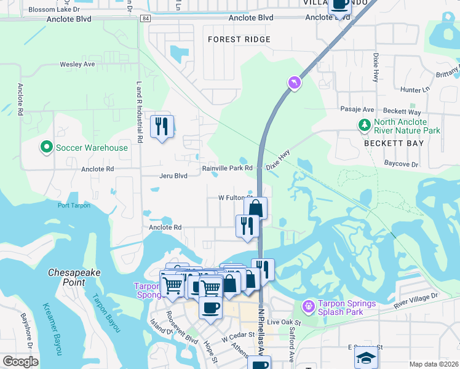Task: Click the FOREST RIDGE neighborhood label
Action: (x=239, y=39)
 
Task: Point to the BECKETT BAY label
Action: (x=394, y=143)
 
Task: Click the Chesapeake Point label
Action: (x=75, y=277)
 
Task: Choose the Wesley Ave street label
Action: (x=77, y=64)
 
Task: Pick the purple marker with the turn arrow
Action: (x=295, y=82)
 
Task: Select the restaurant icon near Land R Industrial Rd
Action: (x=162, y=127)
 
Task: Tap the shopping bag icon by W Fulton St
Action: (x=255, y=208)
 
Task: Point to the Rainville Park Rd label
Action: (x=228, y=168)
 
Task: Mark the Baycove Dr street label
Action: (x=401, y=164)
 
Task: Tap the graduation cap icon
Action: (x=366, y=357)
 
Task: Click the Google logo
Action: (x=20, y=362)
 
